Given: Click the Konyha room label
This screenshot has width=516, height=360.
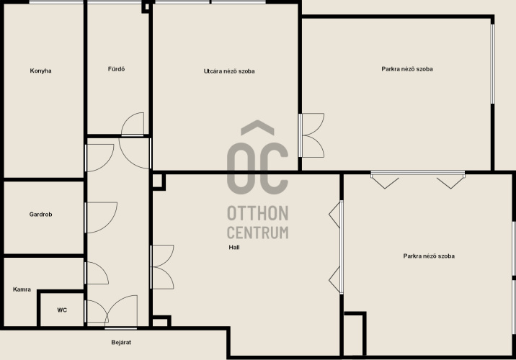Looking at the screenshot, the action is (40, 71).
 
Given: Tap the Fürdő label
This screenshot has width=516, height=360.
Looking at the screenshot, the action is (116, 69).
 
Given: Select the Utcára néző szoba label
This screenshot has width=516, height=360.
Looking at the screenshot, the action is (229, 71).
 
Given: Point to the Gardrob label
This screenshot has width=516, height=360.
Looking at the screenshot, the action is (40, 215).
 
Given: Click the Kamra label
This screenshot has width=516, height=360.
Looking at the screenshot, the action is (22, 289).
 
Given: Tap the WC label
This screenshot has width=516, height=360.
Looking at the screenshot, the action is (62, 310).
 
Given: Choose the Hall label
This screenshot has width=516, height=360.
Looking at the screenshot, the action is (234, 247).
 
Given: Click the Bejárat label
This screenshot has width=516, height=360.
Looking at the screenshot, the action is (121, 342).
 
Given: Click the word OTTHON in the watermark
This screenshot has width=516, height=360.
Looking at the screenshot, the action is (258, 213).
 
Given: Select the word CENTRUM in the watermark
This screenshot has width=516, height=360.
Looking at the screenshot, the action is (258, 233).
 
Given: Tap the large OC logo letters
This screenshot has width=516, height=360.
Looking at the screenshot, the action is (258, 168).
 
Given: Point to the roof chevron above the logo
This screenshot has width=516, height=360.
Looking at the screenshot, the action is (258, 127).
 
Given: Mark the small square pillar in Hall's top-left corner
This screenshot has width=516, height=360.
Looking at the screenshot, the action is (159, 181).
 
